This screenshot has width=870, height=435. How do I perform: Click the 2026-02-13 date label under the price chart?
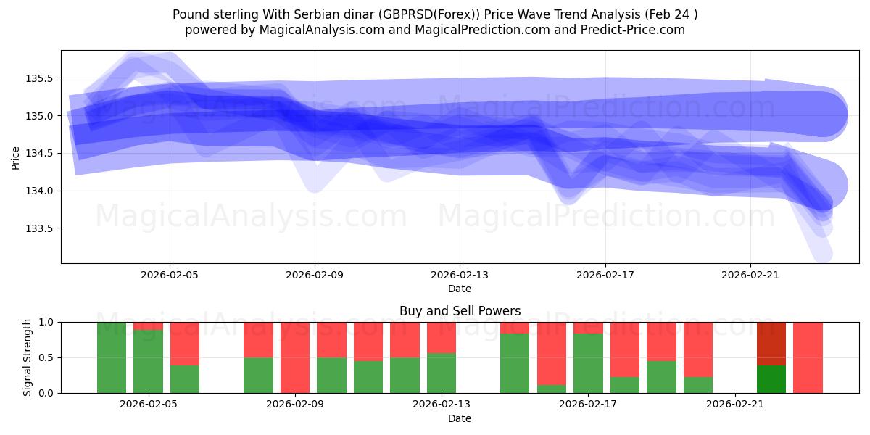coord(460,275)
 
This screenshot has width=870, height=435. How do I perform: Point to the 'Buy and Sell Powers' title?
coord(460,311)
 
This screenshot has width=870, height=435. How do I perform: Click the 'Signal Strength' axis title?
coord(28,357)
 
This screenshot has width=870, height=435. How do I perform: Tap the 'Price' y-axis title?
coord(16,157)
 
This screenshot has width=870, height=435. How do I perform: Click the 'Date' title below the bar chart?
coord(460,418)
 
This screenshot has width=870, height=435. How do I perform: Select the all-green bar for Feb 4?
coord(112,357)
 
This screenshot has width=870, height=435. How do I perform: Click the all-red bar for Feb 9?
coord(295,357)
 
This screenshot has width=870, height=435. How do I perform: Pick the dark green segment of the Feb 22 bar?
coord(771,379)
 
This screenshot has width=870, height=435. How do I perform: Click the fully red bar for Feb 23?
coord(808,357)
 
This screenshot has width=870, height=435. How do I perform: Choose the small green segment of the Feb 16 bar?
coord(552,389)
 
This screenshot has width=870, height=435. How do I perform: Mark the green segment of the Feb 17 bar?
coord(588,363)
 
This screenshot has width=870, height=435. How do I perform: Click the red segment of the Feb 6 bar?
coord(185,343)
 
